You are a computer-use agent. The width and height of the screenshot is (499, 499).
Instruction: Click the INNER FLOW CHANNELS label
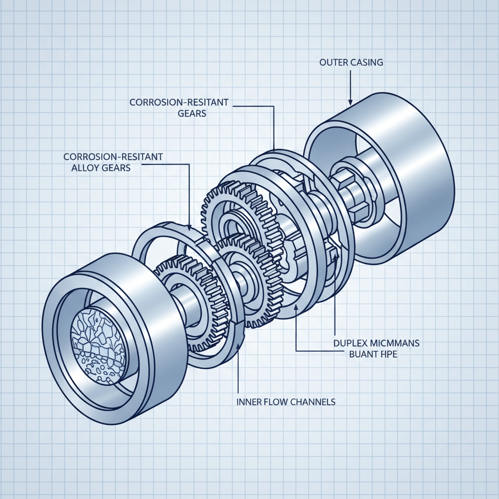(x=286, y=402)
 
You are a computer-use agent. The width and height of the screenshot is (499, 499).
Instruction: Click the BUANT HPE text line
(x=373, y=355)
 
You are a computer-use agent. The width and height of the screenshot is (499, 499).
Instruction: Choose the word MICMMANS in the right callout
(x=395, y=344)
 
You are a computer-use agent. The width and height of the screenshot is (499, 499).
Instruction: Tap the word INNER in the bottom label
(x=248, y=402)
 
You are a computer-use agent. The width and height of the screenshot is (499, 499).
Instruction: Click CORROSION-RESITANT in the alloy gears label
(x=113, y=157)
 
